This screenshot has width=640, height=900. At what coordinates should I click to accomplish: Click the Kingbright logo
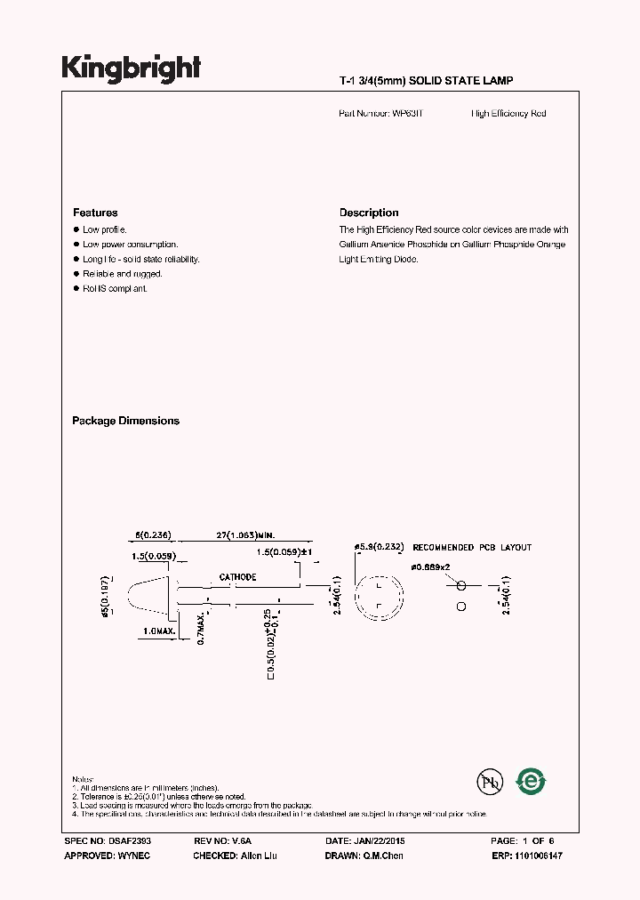[131, 68]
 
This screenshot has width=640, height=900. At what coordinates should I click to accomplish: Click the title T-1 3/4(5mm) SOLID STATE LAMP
[426, 81]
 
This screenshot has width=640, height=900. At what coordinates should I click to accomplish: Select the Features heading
[95, 213]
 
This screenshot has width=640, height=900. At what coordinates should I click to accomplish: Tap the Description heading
[369, 213]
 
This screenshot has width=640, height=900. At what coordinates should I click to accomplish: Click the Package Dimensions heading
[125, 421]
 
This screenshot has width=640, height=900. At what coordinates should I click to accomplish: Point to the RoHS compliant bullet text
[116, 289]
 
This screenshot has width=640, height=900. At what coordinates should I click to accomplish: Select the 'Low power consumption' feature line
[131, 244]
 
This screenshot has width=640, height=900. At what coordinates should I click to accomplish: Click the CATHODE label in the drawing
[238, 577]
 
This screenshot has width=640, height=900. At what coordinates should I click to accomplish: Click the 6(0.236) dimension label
[152, 535]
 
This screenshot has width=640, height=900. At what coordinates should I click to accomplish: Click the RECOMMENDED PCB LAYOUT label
[472, 547]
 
